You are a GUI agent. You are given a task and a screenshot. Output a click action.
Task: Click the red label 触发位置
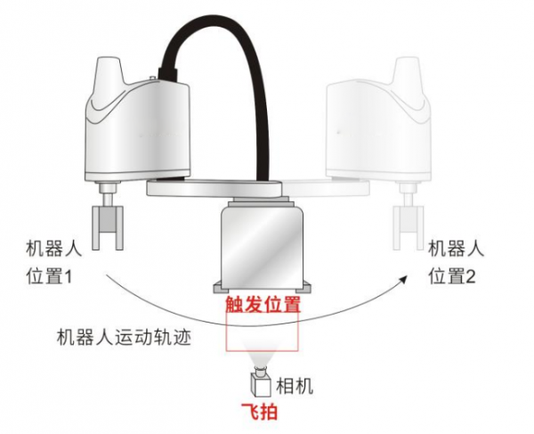(x=263, y=304)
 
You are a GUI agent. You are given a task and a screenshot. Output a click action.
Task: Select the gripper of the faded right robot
(x=410, y=228)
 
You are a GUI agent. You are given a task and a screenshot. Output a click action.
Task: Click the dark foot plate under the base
(x=263, y=288)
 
